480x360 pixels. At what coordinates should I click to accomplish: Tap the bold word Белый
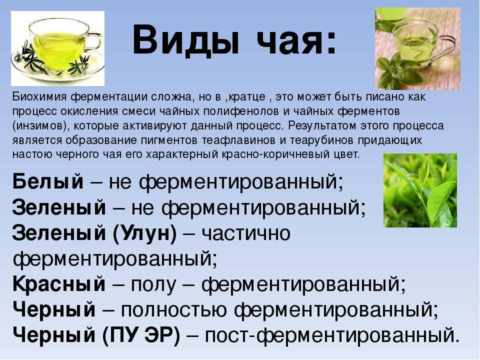click(48, 181)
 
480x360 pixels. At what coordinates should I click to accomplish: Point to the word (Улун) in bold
click(145, 234)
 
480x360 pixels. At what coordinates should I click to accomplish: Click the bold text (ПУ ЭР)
click(141, 335)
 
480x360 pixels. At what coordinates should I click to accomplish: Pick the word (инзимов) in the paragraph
click(41, 126)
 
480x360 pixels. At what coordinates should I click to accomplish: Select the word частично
click(246, 234)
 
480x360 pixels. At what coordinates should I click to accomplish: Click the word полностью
click(173, 310)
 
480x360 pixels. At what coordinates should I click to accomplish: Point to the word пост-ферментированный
click(332, 335)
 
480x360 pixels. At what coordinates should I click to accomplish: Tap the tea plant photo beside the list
click(420, 190)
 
